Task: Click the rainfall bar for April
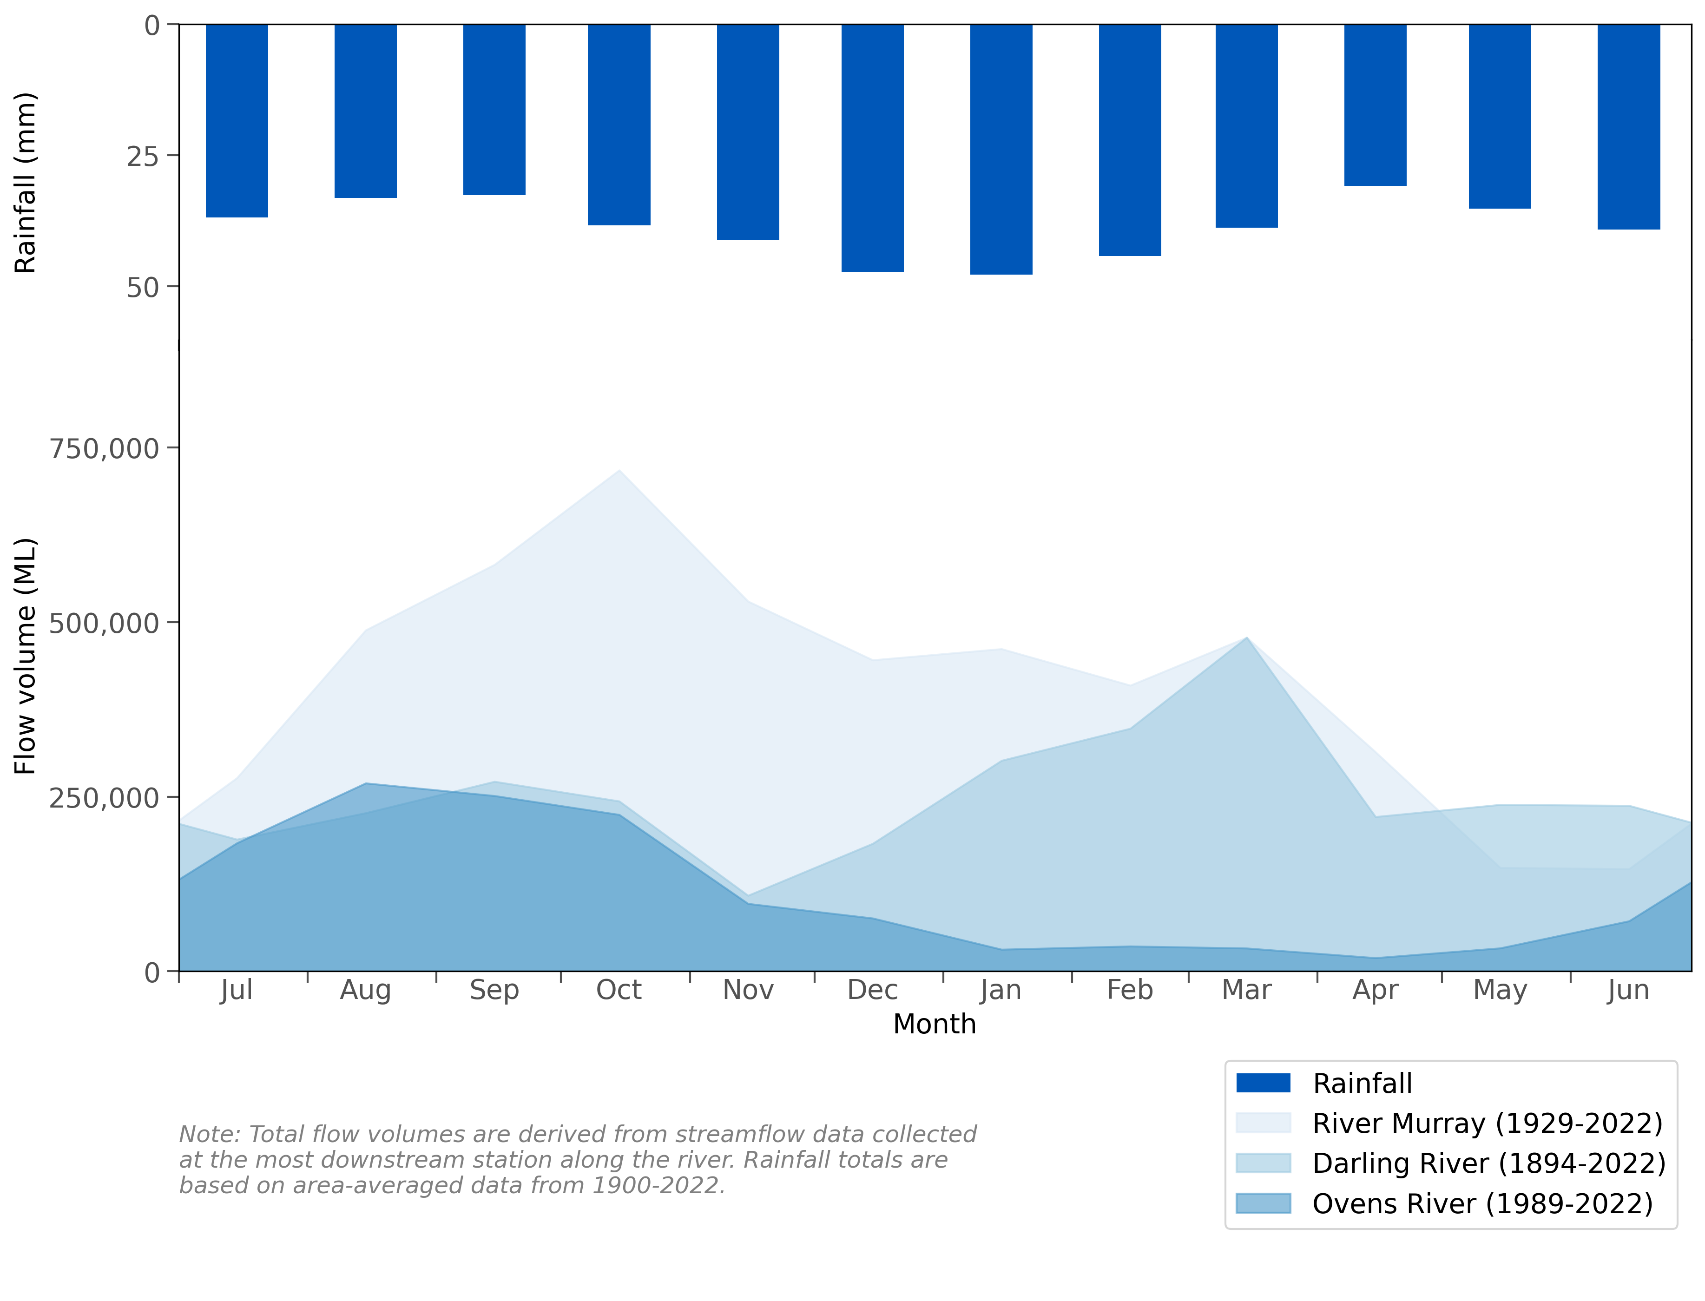(x=1375, y=105)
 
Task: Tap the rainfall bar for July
(x=237, y=120)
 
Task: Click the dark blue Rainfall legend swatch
(x=1263, y=1083)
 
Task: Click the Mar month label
(x=1246, y=990)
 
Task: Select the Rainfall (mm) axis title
(x=26, y=183)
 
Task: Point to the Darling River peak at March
(x=1246, y=637)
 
